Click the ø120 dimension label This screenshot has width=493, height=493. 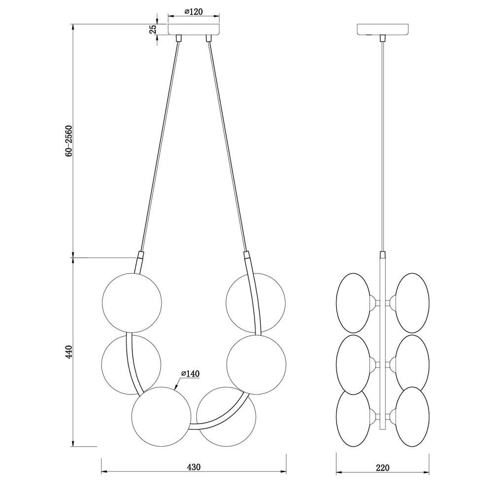point(193,12)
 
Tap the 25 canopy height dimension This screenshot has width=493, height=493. point(153,29)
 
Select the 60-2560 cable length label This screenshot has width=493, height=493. point(69,141)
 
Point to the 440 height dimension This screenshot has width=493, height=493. point(69,352)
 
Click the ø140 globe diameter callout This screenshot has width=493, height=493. point(190,374)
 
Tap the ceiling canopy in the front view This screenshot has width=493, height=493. point(194,29)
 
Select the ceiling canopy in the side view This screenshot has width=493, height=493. point(383,29)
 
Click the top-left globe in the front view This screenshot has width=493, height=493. point(132,303)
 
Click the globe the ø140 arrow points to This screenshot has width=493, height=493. point(161,417)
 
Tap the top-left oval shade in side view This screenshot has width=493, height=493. point(353,303)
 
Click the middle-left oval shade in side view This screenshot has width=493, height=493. point(353,365)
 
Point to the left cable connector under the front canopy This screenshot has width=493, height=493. point(178,38)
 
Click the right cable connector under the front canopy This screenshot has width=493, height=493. point(208,38)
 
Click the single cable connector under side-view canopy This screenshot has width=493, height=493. point(383,38)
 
